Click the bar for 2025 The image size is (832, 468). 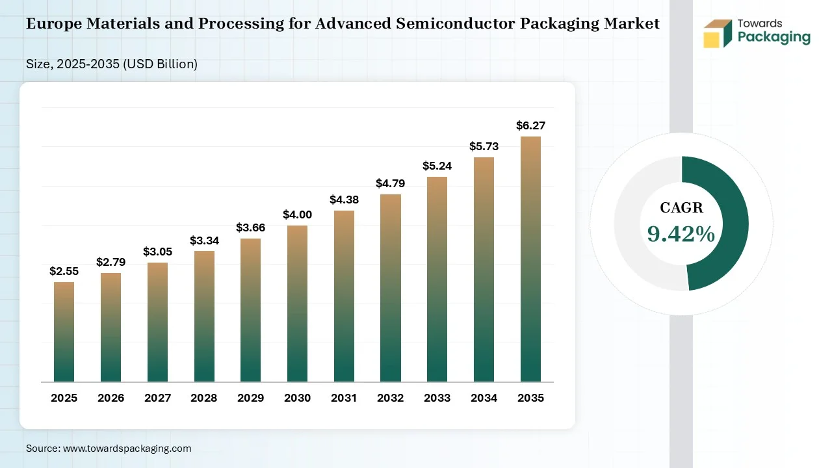coord(64,331)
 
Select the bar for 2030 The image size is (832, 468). coord(297,304)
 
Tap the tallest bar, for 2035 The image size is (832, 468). coord(530,259)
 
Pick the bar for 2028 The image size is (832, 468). coord(204,316)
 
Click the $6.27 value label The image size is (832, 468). coord(531,125)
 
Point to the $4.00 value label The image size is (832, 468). coord(298,214)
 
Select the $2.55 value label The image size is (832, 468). coord(64,271)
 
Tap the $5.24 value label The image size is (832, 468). coord(437,166)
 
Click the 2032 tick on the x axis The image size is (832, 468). coord(391,398)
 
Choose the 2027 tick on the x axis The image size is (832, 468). coord(157,398)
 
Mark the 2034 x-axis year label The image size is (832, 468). coord(484,398)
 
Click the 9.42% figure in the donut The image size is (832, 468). coord(681,234)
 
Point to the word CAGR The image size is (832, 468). coord(682,207)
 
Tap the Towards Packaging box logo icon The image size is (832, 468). coord(718,33)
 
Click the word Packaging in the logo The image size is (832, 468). coord(774,37)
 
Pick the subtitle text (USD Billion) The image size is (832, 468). coord(160,64)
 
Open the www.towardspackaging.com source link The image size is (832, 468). coord(127,448)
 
